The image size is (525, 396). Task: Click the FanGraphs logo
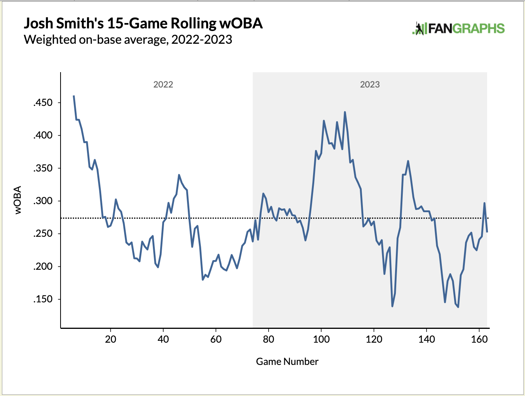(x=458, y=29)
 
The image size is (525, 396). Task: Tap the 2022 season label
(x=163, y=84)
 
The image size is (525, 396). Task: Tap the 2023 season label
(x=370, y=84)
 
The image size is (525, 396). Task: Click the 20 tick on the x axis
(x=110, y=339)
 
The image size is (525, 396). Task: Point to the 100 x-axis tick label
(x=321, y=339)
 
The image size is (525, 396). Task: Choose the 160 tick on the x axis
(x=479, y=339)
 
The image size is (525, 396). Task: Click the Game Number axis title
(x=287, y=361)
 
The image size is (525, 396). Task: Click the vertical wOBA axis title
(x=18, y=200)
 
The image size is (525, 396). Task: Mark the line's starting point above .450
(x=74, y=96)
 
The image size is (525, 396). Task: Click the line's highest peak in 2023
(x=345, y=112)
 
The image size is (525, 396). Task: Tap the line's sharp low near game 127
(x=392, y=306)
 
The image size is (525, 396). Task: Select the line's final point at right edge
(x=487, y=232)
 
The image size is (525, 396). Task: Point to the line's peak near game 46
(x=179, y=175)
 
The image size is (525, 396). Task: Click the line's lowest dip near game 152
(x=458, y=307)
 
